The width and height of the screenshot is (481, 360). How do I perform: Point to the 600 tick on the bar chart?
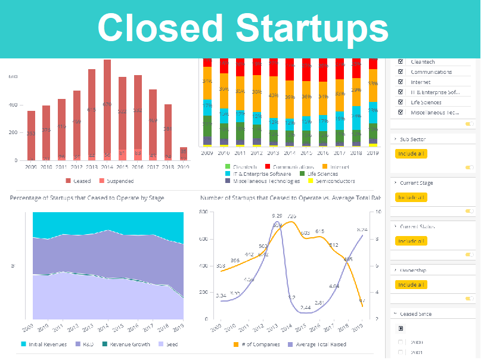[13, 77]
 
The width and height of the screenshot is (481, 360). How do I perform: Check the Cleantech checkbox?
[401, 61]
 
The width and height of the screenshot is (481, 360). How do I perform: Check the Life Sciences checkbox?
[401, 102]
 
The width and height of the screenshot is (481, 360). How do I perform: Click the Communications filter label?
[431, 72]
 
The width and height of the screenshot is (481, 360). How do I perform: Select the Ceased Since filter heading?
[415, 314]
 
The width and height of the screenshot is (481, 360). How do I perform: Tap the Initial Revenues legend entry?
[42, 344]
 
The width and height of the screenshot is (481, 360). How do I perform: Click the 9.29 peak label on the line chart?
[277, 216]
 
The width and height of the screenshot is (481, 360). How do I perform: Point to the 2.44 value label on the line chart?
[305, 308]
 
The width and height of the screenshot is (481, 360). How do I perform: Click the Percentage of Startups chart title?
[86, 197]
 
